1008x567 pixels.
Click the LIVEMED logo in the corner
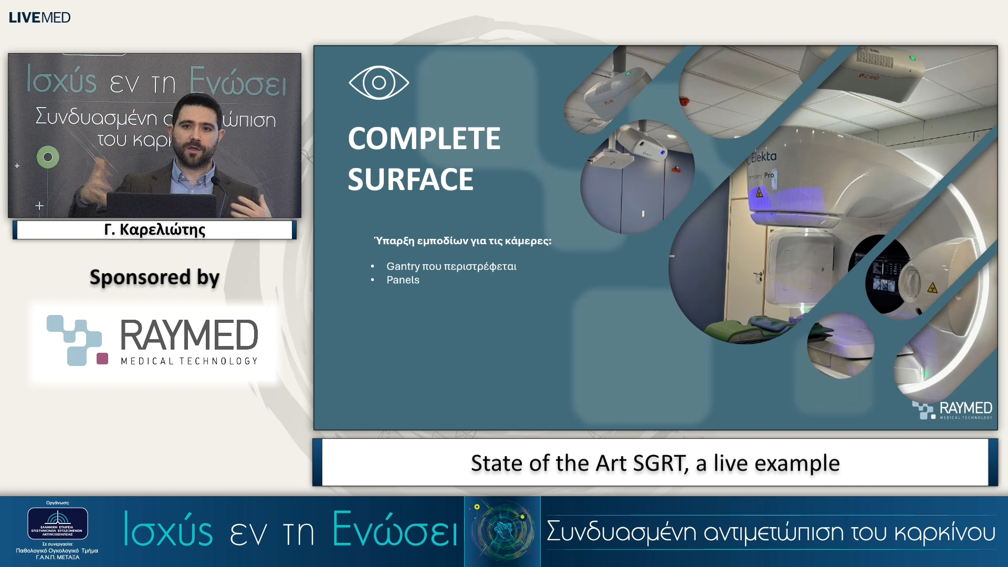click(39, 17)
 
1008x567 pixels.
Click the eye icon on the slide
click(379, 82)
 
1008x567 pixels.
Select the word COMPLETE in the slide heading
click(424, 139)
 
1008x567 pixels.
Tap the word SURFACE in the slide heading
click(411, 180)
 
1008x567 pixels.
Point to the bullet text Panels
click(403, 280)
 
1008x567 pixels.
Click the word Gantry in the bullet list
click(403, 267)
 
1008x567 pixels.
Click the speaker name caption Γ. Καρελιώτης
click(155, 230)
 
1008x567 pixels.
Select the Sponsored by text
click(154, 277)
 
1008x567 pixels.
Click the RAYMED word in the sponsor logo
click(189, 335)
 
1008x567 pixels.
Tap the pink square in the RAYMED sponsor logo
click(102, 359)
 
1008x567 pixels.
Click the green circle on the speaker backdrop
click(48, 157)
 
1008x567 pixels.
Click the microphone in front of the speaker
click(215, 181)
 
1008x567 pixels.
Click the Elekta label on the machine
click(764, 156)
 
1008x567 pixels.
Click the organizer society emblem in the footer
click(58, 523)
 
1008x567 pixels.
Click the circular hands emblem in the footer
click(502, 531)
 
